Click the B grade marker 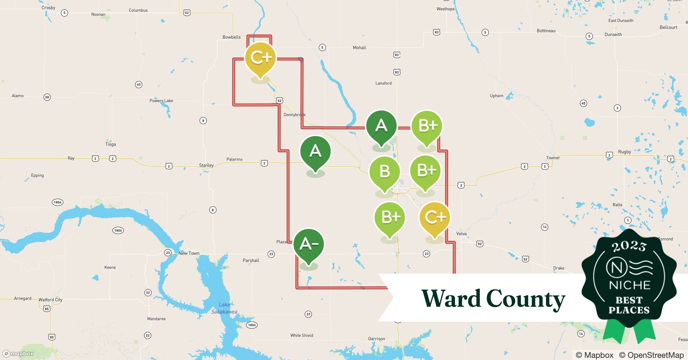[384, 172]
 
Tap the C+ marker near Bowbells [260, 58]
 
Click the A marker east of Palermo [315, 152]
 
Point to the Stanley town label [206, 165]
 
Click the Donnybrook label [294, 115]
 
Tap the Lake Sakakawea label [224, 308]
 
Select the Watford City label [50, 300]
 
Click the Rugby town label [625, 152]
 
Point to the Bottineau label [546, 31]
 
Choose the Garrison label [376, 339]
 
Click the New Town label [189, 253]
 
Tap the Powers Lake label [161, 101]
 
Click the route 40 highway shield [139, 85]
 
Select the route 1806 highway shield [118, 230]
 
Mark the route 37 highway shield [308, 314]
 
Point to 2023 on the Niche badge [629, 247]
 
